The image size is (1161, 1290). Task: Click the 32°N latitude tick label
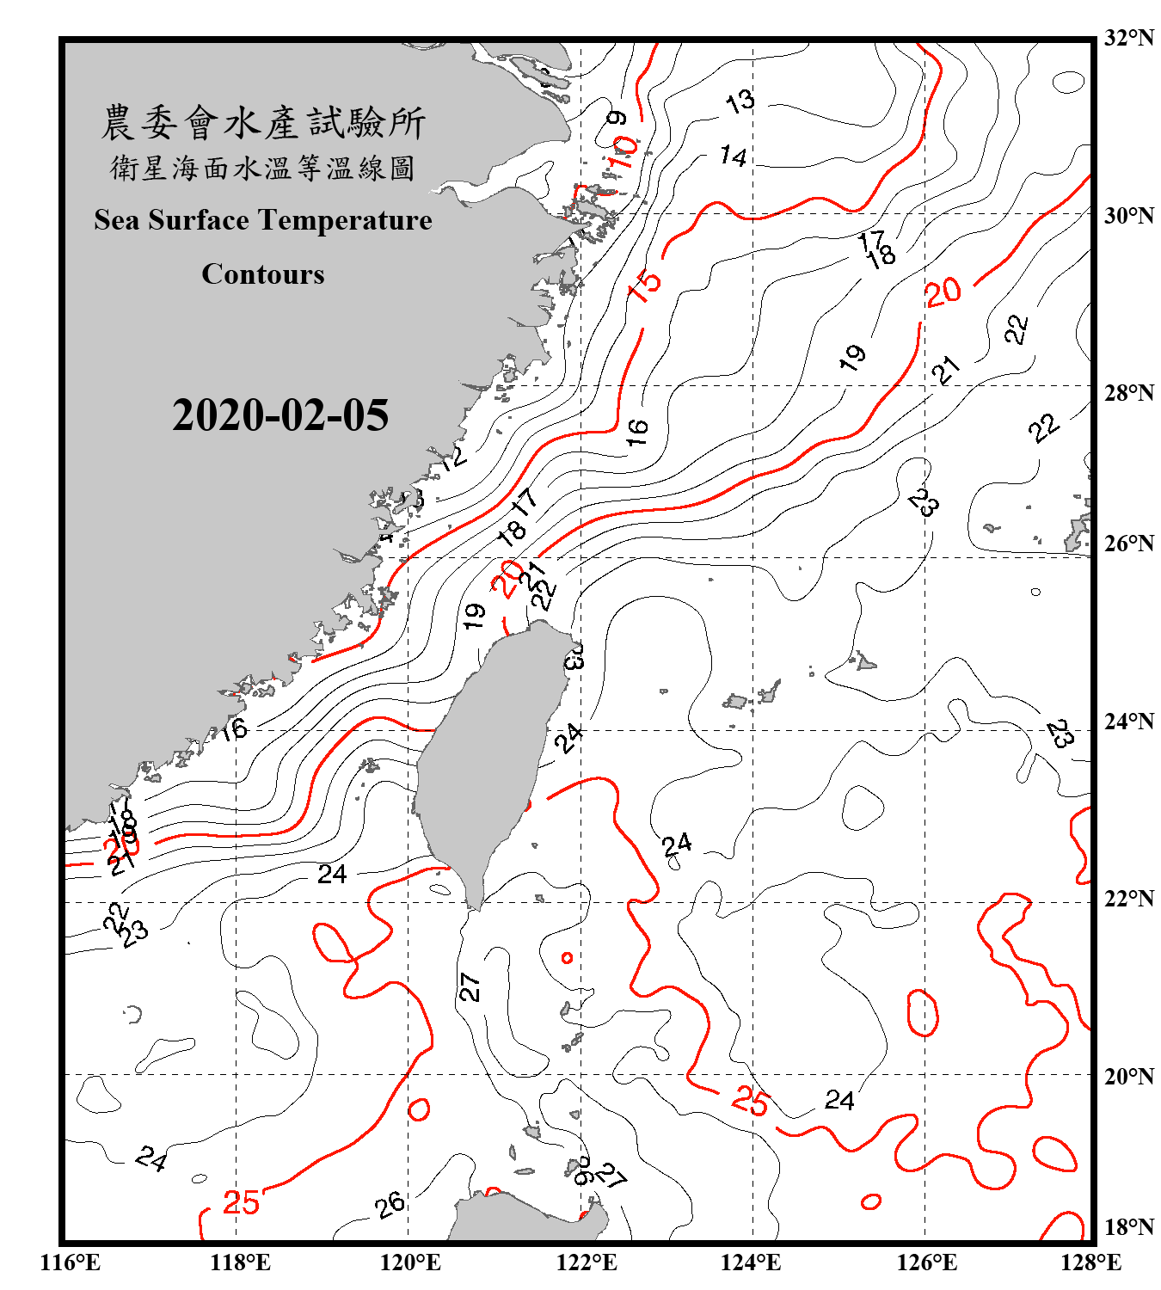pyautogui.click(x=1128, y=38)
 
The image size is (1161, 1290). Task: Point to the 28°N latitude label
pyautogui.click(x=1128, y=393)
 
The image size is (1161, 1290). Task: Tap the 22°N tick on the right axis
pyautogui.click(x=1128, y=899)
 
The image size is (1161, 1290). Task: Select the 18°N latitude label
pyautogui.click(x=1128, y=1227)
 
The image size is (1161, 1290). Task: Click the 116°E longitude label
pyautogui.click(x=71, y=1262)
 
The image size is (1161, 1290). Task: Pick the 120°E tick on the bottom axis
pyautogui.click(x=410, y=1262)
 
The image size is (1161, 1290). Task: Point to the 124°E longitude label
pyautogui.click(x=751, y=1262)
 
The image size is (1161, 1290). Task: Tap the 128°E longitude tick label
pyautogui.click(x=1090, y=1262)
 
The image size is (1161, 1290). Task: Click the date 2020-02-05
pyautogui.click(x=280, y=415)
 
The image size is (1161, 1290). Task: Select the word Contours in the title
pyautogui.click(x=263, y=274)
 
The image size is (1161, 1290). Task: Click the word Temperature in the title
pyautogui.click(x=344, y=221)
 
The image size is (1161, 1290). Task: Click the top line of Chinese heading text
pyautogui.click(x=263, y=123)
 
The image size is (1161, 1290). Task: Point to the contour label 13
pyautogui.click(x=740, y=101)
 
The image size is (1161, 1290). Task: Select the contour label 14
pyautogui.click(x=734, y=156)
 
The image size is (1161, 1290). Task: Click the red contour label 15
pyautogui.click(x=645, y=286)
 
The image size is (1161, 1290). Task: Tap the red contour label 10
pyautogui.click(x=623, y=152)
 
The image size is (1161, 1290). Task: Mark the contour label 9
pyautogui.click(x=617, y=118)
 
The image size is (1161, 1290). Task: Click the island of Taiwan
pyautogui.click(x=486, y=757)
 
